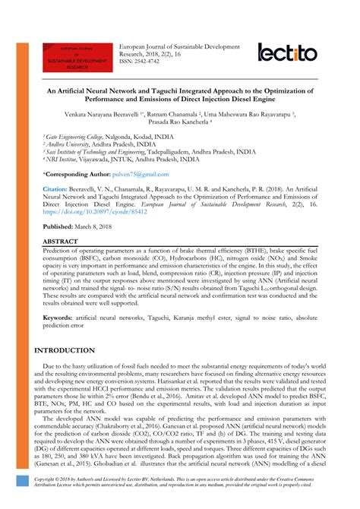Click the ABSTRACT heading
(60, 240)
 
